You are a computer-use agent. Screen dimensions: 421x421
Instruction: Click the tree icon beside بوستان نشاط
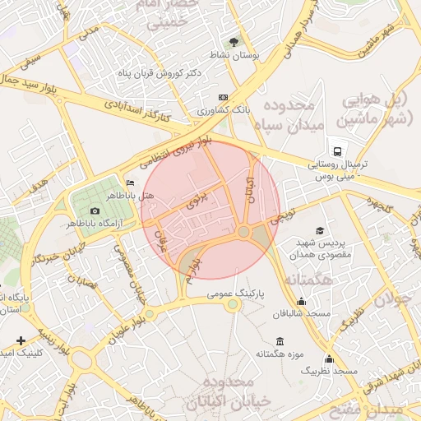234,40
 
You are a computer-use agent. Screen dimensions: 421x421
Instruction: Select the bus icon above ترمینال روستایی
337,150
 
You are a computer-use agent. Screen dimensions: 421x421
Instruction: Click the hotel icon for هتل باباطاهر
130,183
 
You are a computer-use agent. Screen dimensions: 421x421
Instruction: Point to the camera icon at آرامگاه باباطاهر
95,211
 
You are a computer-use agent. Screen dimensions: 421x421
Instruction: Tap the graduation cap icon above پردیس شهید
319,231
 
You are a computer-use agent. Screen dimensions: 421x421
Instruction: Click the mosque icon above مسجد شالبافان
302,301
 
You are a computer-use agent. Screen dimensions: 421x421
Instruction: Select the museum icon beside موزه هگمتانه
280,341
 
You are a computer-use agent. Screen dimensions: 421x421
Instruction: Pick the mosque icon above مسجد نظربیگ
329,359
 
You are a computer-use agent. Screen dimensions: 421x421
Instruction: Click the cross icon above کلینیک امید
21,340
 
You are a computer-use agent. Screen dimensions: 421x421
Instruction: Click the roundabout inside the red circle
244,233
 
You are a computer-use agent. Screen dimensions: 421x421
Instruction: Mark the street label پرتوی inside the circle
198,198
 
